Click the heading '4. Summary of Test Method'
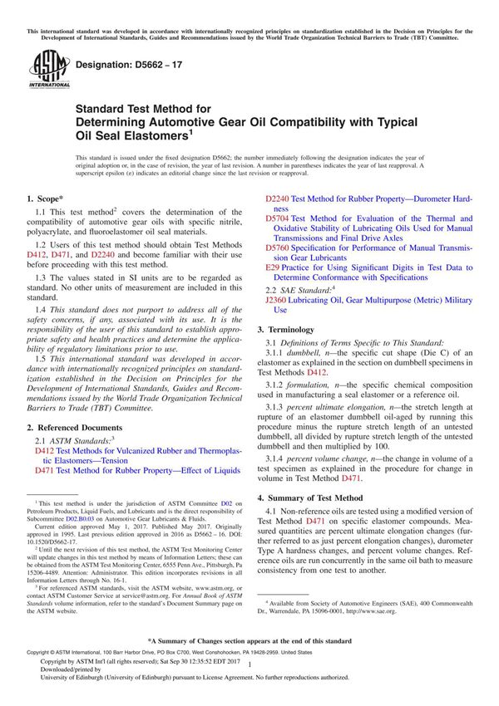click(313, 498)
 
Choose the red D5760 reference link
click(277, 248)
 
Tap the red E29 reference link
click(271, 268)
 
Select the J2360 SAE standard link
click(277, 300)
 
